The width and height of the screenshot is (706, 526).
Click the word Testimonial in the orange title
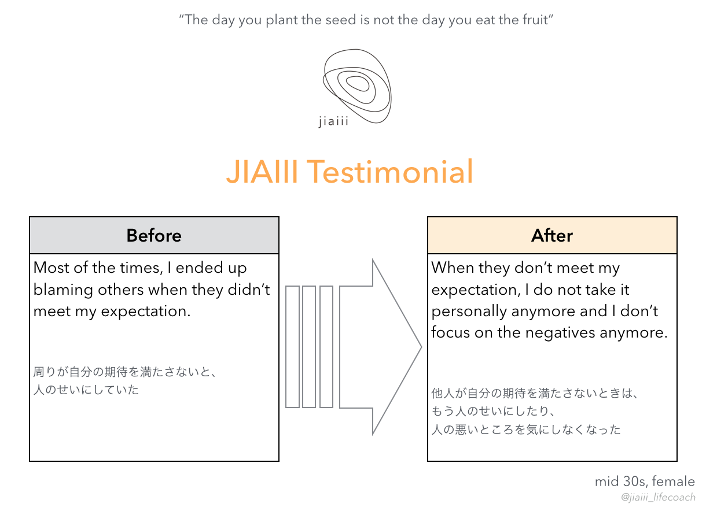click(x=389, y=172)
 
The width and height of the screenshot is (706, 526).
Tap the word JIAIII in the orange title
click(x=262, y=172)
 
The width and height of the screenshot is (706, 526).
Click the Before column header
click(x=154, y=235)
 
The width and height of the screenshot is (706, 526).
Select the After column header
click(x=551, y=235)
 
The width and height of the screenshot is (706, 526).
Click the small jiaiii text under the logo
click(x=333, y=121)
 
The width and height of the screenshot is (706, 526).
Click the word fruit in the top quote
click(x=535, y=20)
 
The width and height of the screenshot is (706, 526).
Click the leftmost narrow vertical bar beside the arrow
click(x=292, y=347)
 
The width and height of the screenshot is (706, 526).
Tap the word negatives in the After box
click(x=560, y=333)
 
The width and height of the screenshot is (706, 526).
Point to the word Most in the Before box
click(x=51, y=268)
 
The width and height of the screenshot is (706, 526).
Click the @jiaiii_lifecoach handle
click(x=658, y=497)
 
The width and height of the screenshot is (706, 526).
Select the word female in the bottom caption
click(x=673, y=481)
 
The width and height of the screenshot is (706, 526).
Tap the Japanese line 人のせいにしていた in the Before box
click(x=86, y=390)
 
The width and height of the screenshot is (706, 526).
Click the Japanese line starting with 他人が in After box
click(x=535, y=393)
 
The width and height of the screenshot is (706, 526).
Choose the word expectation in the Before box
click(x=146, y=312)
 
